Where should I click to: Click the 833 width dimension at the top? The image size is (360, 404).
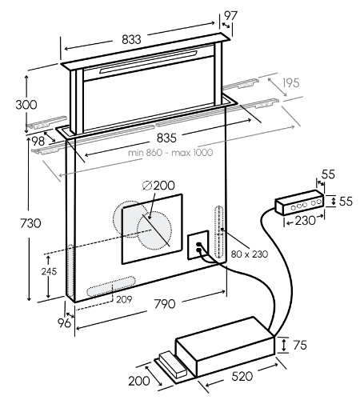coord(131,39)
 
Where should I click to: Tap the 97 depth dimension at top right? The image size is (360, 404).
coord(230,16)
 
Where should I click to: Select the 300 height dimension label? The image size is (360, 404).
coord(26,105)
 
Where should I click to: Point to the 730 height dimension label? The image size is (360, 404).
coord(31,223)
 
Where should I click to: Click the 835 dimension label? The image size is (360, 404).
coord(166,138)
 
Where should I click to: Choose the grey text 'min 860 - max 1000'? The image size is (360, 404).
coord(170,153)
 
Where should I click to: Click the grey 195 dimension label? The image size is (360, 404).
coord(291,83)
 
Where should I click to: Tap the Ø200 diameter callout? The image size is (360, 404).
coord(158,186)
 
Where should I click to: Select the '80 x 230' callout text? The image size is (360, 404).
coord(250,254)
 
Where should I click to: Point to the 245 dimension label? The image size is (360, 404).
coord(49,271)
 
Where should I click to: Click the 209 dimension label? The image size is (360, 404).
coord(124,299)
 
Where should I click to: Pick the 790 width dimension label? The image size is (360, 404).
coord(165,304)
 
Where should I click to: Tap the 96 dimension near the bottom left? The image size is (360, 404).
coord(64,323)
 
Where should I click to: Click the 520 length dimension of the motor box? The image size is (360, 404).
coord(242,376)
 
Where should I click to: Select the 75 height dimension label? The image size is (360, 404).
coord(300,345)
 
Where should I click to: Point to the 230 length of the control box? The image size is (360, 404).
coord(305,220)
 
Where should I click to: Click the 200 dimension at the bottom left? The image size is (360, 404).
coord(139,381)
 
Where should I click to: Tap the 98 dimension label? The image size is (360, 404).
coord(38,142)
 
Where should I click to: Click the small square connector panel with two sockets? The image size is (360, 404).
coord(198,245)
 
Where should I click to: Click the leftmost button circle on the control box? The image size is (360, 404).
coord(294,208)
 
